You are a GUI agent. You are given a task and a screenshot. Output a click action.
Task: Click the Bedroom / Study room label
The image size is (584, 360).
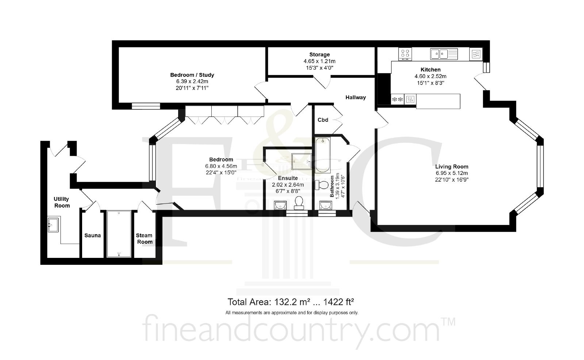[x=192, y=75]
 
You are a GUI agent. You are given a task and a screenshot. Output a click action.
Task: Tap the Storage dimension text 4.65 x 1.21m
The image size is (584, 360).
[x=319, y=61]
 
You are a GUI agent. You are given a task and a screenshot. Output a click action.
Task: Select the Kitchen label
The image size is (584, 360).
[x=430, y=70]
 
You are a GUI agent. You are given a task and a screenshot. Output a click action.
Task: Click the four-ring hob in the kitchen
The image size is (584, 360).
[x=405, y=54]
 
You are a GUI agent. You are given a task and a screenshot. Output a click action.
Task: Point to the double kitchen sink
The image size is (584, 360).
[x=444, y=54]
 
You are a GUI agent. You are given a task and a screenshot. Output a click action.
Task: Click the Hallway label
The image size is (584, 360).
[x=356, y=97]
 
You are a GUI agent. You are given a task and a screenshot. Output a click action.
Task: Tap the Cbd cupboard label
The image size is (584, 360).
[x=323, y=120]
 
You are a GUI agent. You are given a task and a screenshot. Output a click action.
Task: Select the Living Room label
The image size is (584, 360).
[x=452, y=166]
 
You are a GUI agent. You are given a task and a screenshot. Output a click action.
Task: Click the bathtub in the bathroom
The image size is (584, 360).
[x=323, y=155]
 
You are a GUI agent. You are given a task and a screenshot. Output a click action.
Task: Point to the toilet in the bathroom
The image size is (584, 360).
[x=322, y=185]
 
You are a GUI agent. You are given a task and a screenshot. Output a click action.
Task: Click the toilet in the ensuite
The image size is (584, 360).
[x=299, y=203]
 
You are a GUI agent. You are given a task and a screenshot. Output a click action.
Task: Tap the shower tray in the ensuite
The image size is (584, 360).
[x=301, y=162]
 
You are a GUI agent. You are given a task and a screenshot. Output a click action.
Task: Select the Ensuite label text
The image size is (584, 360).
[x=288, y=178]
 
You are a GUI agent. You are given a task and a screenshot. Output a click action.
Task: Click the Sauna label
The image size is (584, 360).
[x=93, y=236]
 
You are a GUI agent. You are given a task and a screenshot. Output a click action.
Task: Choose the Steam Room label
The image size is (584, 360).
[x=144, y=239]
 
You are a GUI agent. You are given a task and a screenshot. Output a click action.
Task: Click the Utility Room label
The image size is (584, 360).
[x=62, y=202]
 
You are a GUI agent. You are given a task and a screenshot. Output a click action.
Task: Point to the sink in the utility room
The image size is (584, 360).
[x=53, y=225]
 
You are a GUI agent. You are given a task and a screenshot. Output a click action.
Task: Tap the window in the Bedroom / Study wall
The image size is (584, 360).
[x=146, y=106]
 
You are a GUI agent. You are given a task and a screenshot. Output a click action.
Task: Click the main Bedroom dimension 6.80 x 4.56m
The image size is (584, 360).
[x=221, y=166]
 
